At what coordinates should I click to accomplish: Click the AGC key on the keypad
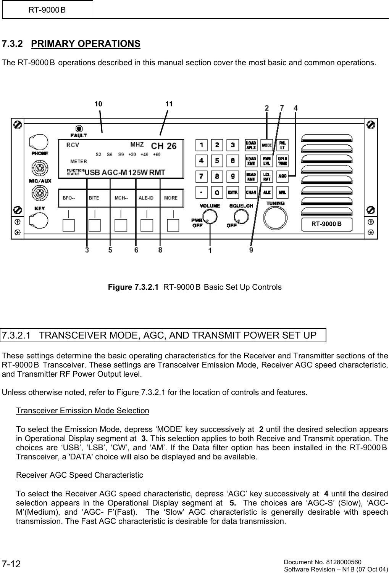282,176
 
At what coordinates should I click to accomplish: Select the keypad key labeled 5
217,161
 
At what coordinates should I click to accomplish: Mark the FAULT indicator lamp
79,128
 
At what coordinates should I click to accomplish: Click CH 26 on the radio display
164,146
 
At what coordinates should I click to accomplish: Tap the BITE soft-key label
94,198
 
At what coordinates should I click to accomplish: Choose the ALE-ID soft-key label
146,198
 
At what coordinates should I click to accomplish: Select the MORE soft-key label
171,198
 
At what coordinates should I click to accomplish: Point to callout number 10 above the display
98,104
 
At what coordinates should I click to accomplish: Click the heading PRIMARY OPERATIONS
86,43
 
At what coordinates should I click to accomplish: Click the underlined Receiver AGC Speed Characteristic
79,475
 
